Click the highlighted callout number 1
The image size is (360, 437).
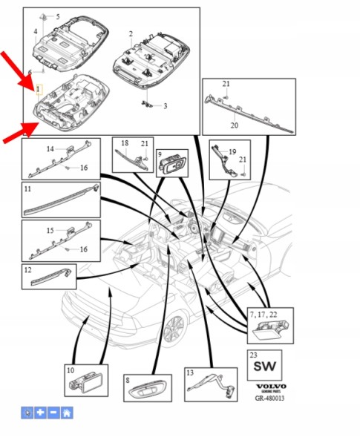coord(39,90)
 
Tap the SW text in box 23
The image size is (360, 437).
coord(265,367)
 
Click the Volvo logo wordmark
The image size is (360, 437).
coord(271,387)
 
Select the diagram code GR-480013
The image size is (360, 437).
coord(269,398)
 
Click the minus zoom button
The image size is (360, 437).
coord(54,413)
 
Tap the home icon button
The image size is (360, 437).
coord(67,413)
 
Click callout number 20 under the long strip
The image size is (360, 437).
coord(235,125)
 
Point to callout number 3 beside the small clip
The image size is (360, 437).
coord(165,106)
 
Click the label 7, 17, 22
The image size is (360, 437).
coord(264,315)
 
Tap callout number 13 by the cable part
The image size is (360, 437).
coord(190,373)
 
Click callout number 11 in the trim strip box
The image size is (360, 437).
coord(27,189)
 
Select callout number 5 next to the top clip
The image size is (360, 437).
coord(58,17)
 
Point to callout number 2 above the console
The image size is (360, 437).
coord(131,34)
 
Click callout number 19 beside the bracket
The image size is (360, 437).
coord(232,152)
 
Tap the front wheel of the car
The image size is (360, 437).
coord(175,329)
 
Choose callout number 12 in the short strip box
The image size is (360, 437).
coord(28,270)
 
